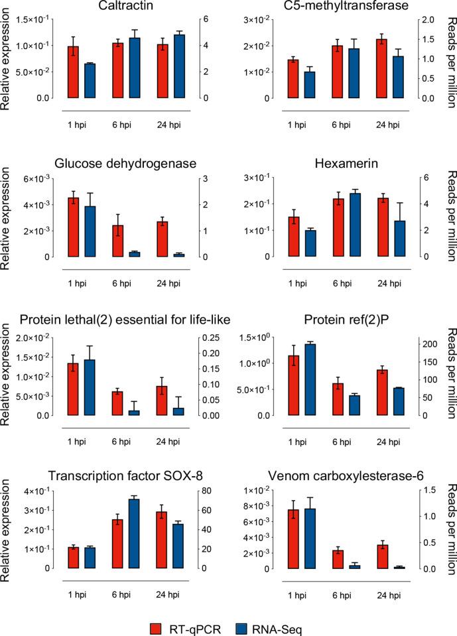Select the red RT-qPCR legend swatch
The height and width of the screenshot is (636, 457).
157,624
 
